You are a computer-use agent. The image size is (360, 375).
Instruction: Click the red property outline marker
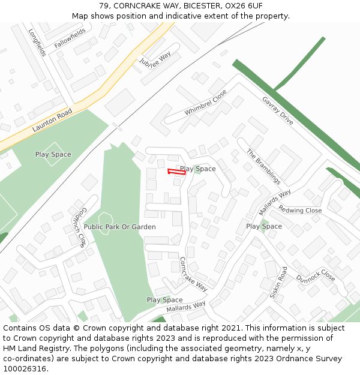coord(176,172)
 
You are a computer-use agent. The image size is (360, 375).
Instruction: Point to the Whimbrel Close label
coord(206,103)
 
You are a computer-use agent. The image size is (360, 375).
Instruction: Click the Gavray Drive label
coord(278,110)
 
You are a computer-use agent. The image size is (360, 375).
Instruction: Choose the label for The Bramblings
coord(263,166)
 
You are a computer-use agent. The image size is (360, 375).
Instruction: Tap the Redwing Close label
coord(300,211)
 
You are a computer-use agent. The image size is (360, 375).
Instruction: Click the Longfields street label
coord(37,42)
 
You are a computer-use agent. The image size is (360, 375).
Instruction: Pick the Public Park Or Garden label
coord(119,227)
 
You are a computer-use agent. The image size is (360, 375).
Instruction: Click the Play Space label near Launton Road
coord(53,154)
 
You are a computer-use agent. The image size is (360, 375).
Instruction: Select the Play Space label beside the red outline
coord(198,169)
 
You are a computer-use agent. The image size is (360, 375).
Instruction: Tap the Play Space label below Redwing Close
coord(264,226)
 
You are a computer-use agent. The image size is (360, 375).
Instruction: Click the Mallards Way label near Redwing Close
coord(275,202)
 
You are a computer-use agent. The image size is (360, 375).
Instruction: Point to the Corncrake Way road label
coord(193,274)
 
